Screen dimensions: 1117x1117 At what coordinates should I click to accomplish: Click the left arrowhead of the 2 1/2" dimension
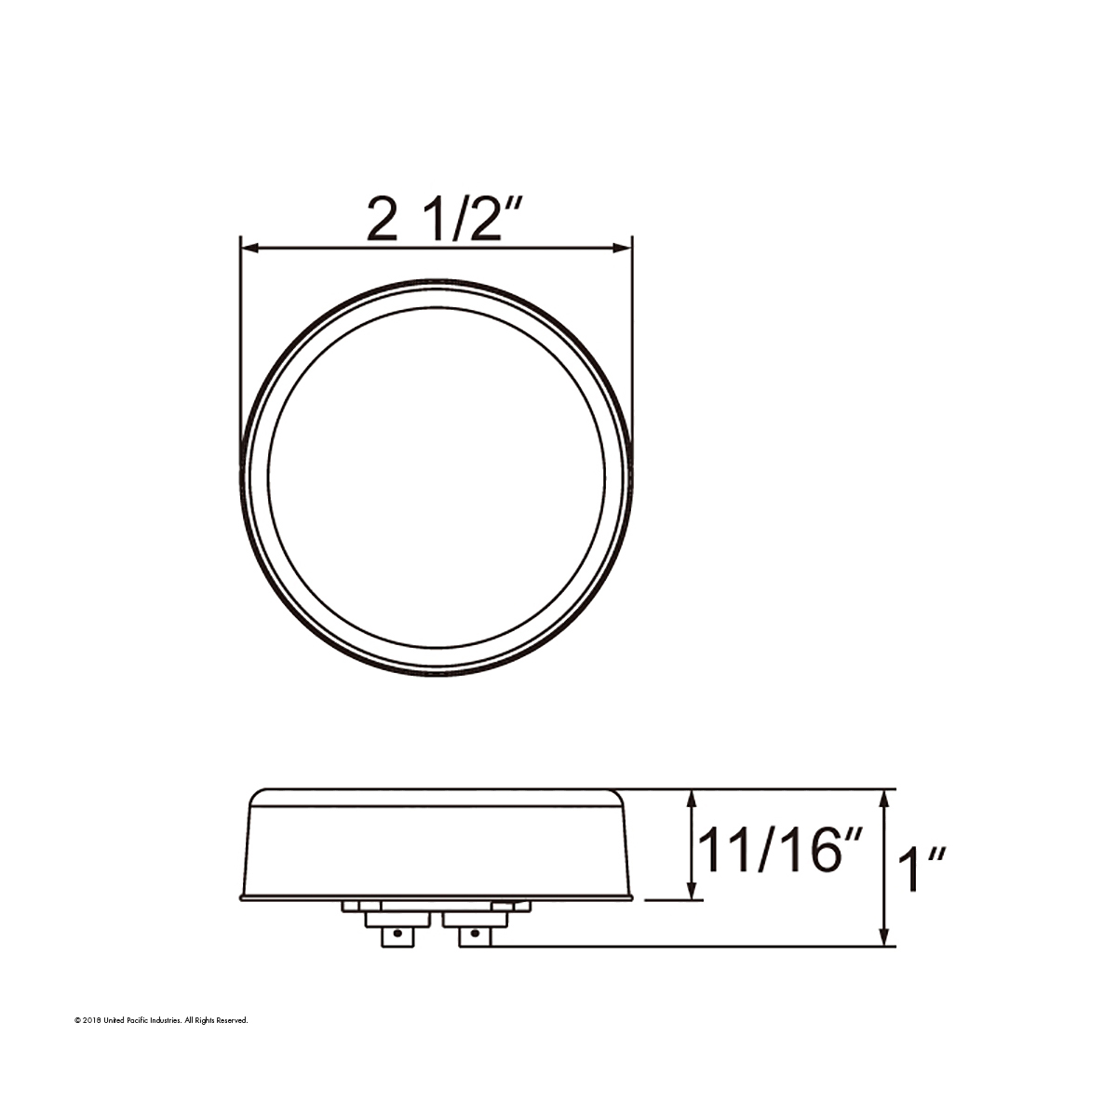249,249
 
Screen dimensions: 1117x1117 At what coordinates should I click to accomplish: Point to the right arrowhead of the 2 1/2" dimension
625,249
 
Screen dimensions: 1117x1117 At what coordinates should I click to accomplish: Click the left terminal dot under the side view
397,931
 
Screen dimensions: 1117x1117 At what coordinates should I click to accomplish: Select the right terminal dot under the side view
475,931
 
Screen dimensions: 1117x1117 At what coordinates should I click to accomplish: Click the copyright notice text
161,1021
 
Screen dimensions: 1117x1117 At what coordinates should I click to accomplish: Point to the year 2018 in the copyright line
90,1021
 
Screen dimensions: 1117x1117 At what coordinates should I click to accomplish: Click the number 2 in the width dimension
382,220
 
